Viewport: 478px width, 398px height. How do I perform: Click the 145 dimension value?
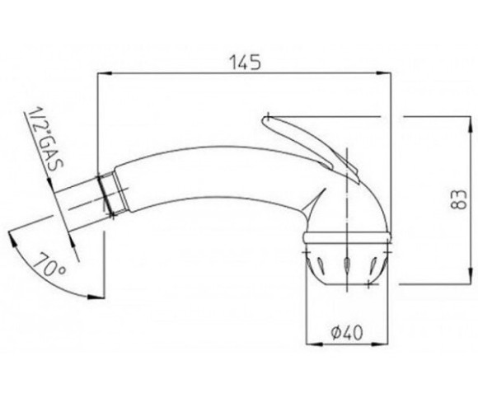point(245,63)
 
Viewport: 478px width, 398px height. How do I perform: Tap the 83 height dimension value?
point(458,199)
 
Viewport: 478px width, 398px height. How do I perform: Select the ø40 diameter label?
point(347,332)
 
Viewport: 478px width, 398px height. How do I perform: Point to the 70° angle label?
point(49,265)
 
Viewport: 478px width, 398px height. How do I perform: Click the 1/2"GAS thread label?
point(45,140)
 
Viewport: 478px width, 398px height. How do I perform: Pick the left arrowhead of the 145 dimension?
point(104,73)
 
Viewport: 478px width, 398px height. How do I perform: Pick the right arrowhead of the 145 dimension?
point(384,73)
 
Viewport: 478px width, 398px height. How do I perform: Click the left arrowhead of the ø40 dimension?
point(313,344)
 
